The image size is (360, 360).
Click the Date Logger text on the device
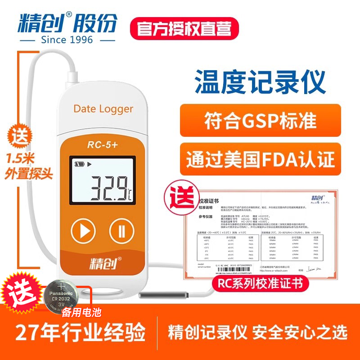(103, 109)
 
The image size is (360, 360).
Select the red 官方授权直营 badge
(182, 28)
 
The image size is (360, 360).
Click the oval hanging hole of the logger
(103, 290)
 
